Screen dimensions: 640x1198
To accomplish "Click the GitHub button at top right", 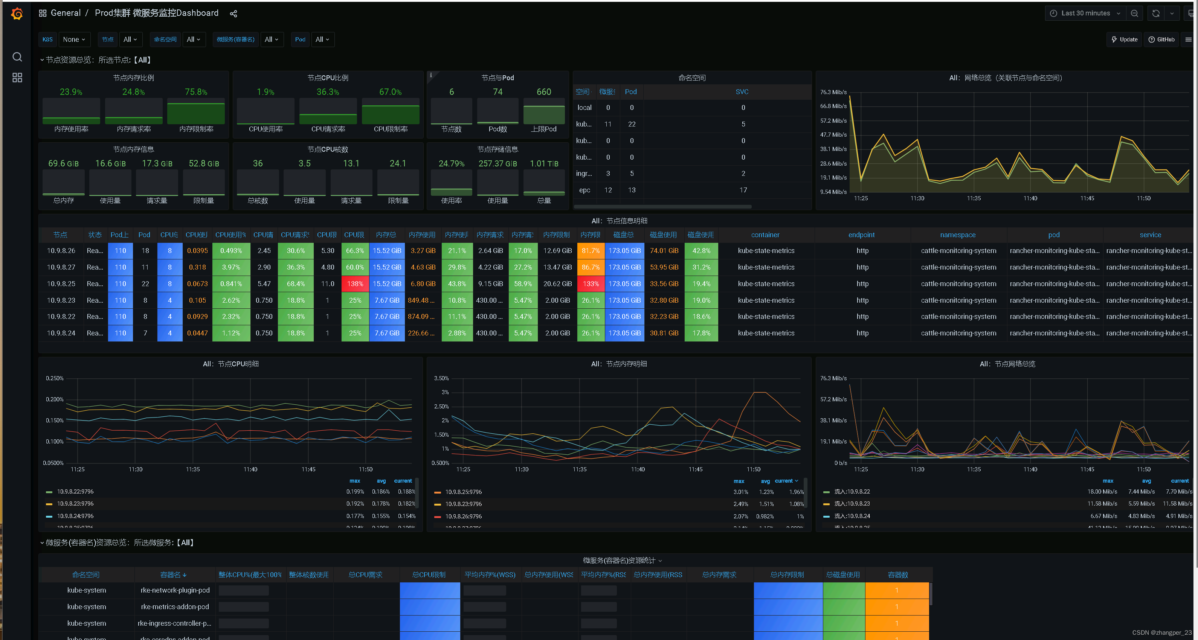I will coord(1161,40).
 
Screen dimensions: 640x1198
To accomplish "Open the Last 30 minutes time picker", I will coord(1085,14).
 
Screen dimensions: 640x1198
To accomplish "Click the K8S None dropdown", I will coord(74,40).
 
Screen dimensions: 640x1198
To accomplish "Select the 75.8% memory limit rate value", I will coord(196,92).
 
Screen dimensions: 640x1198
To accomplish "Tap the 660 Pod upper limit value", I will coord(544,92).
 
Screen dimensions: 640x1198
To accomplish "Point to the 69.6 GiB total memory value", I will coord(63,164).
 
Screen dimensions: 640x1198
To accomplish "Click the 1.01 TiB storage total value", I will coord(544,164).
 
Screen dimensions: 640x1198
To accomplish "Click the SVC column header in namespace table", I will coord(742,92).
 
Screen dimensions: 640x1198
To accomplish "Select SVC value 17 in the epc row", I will coord(743,190).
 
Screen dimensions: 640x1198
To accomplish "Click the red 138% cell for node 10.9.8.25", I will coord(355,283).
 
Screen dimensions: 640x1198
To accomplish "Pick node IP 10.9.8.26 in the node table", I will coord(61,250).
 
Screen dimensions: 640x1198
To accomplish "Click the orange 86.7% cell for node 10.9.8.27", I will coord(590,267).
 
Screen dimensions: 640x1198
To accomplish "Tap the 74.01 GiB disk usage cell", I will coord(664,250).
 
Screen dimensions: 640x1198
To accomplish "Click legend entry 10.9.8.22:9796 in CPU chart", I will coord(75,492).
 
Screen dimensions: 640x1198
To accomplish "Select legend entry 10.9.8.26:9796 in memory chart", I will coord(463,517).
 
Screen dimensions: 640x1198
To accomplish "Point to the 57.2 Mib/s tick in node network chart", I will coord(833,399).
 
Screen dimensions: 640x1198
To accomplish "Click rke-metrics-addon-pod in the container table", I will coord(174,606).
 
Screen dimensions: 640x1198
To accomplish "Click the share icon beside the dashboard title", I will coord(233,14).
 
